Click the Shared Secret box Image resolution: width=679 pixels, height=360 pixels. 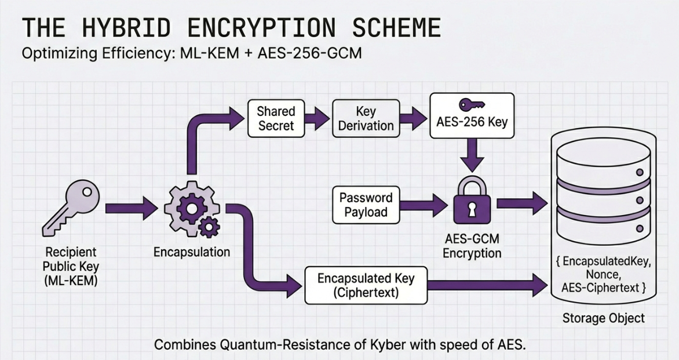[x=276, y=118]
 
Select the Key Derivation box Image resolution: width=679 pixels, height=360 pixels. [x=366, y=118]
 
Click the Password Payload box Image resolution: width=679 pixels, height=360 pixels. [x=366, y=205]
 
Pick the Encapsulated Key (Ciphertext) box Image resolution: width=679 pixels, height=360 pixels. [x=366, y=285]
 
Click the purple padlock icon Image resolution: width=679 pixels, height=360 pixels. [x=471, y=201]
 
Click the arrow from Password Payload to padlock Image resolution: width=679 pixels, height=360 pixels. [x=425, y=205]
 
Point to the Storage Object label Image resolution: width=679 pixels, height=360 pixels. [x=603, y=318]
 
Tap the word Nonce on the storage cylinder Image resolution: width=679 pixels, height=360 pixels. [x=603, y=274]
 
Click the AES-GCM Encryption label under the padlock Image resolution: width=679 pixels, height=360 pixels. [x=471, y=246]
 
